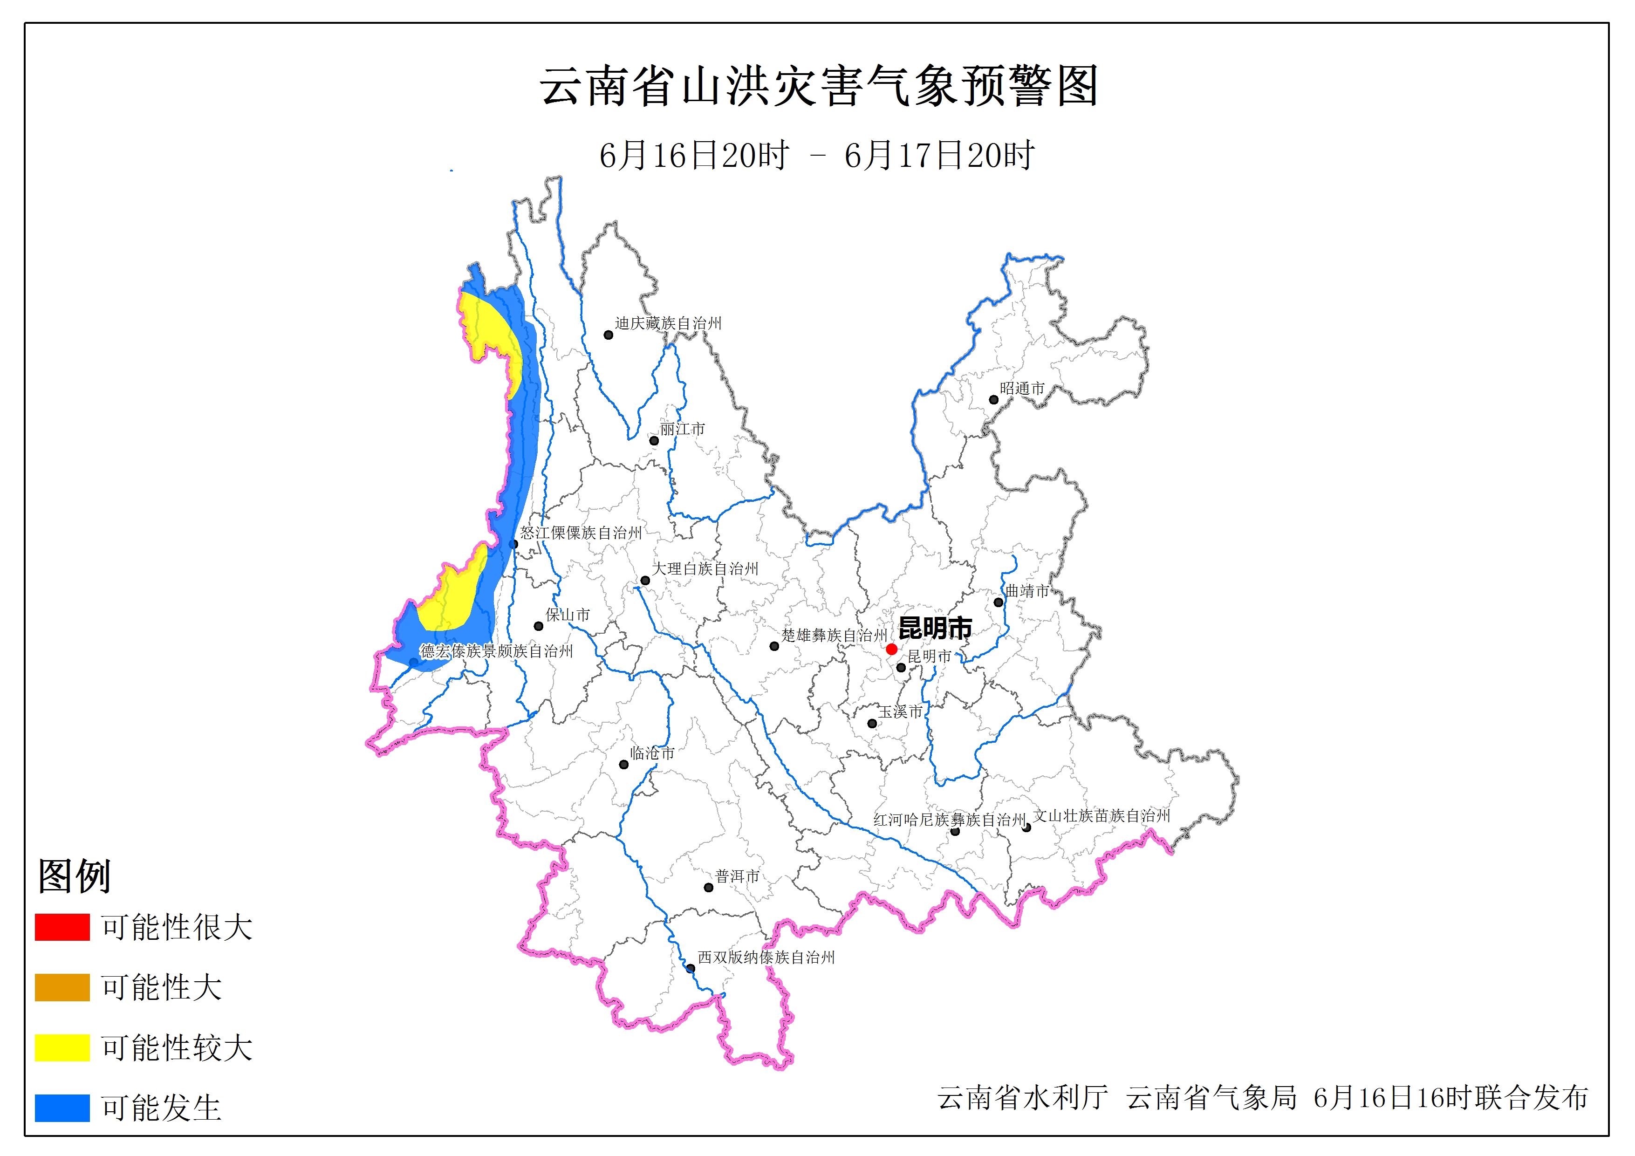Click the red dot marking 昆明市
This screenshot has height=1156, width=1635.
click(891, 649)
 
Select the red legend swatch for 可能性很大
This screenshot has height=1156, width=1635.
click(62, 927)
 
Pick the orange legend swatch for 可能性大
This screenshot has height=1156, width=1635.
click(62, 987)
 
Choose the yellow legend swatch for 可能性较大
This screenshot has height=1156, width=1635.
click(62, 1048)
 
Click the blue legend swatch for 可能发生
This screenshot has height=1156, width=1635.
click(62, 1108)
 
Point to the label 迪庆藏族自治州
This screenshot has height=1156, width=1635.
click(668, 323)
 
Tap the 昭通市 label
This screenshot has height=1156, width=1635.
click(1022, 388)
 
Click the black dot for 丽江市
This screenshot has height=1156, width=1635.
click(654, 440)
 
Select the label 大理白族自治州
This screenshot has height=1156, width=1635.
click(705, 568)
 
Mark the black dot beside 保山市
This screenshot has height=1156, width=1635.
click(538, 626)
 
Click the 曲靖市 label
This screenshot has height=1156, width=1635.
click(1027, 590)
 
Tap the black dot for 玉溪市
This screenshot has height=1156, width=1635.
click(872, 724)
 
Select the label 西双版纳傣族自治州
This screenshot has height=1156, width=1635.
click(766, 958)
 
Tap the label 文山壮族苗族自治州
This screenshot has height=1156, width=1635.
click(1101, 815)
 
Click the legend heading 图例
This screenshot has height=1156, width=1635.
click(74, 876)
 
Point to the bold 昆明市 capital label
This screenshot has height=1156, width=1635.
click(935, 628)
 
